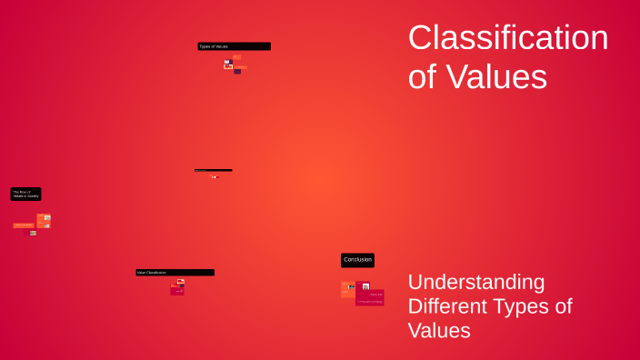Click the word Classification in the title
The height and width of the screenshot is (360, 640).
pyautogui.click(x=507, y=38)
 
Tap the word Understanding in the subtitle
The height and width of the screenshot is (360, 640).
pyautogui.click(x=475, y=282)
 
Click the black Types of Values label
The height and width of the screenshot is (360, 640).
pyautogui.click(x=234, y=46)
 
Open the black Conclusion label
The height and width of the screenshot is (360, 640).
pyautogui.click(x=357, y=260)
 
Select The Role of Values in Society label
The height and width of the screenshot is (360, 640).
pyautogui.click(x=25, y=194)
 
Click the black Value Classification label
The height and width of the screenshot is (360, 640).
pyautogui.click(x=175, y=272)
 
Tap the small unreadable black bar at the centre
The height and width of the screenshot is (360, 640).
pyautogui.click(x=213, y=170)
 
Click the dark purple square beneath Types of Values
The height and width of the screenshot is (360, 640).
pyautogui.click(x=238, y=71)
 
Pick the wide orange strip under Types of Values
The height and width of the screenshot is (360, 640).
pyautogui.click(x=240, y=66)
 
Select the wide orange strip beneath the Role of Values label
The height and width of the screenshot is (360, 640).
pyautogui.click(x=24, y=225)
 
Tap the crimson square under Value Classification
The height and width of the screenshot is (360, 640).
pyautogui.click(x=177, y=290)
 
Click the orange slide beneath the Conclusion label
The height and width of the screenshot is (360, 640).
pyautogui.click(x=347, y=289)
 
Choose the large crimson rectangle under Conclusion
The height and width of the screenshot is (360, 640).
pyautogui.click(x=370, y=297)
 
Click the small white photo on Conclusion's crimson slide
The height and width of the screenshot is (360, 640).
pyautogui.click(x=365, y=286)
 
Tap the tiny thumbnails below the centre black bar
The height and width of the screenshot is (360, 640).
pyautogui.click(x=215, y=176)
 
